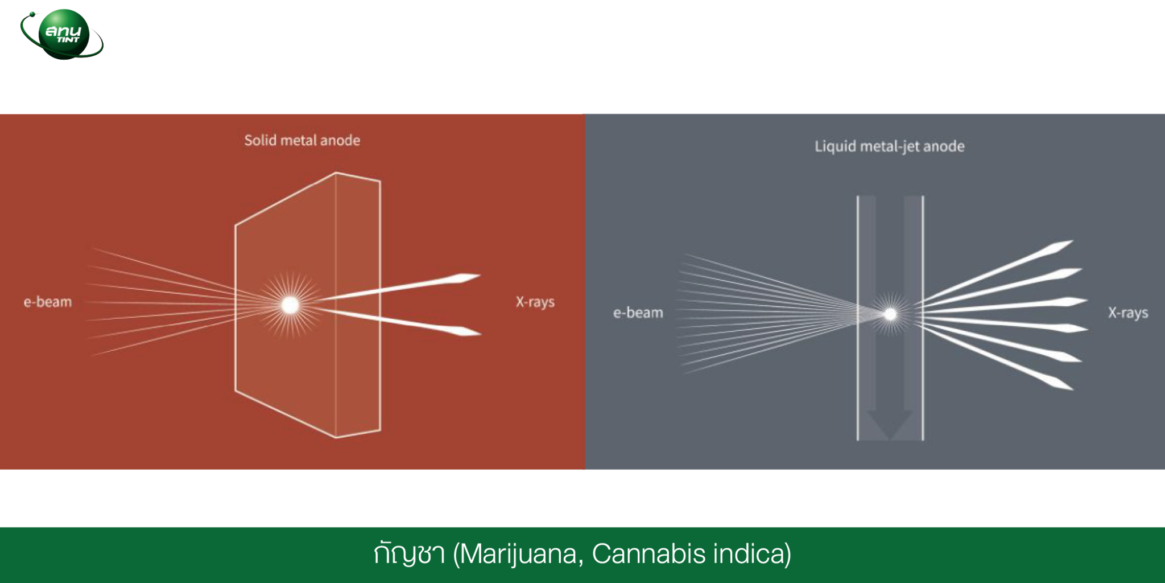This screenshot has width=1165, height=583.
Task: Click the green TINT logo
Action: tap(62, 34)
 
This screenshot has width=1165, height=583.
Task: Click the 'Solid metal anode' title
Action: tap(302, 141)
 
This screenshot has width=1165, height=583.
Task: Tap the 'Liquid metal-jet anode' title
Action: tap(890, 147)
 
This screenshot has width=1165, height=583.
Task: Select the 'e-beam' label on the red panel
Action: tap(48, 302)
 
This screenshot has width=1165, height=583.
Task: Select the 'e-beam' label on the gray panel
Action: tap(638, 313)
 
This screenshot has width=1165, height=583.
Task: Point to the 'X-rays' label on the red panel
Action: tap(535, 302)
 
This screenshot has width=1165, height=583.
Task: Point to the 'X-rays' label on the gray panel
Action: tap(1128, 313)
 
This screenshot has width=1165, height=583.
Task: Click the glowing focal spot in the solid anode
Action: tap(290, 305)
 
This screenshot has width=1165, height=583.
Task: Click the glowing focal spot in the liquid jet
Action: tap(890, 314)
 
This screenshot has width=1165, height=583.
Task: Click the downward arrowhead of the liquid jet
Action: tap(890, 425)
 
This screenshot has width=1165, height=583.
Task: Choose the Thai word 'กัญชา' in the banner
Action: tap(410, 553)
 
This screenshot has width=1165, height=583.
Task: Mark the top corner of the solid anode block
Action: tap(336, 173)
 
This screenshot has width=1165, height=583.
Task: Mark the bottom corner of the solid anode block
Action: tap(336, 437)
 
